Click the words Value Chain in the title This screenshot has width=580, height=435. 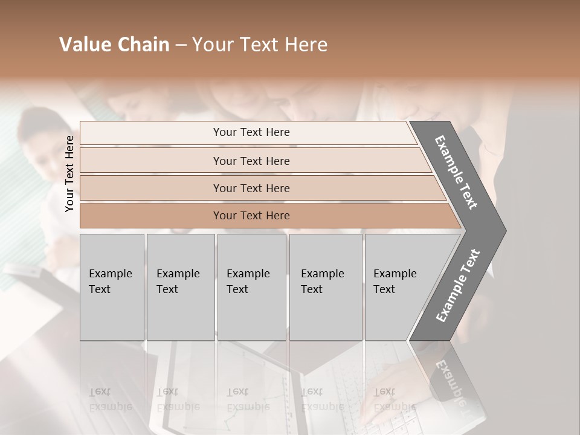[114, 45]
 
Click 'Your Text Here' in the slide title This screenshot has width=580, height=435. [260, 45]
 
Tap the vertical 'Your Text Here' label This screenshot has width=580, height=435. [69, 173]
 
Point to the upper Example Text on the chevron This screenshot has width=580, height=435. [456, 172]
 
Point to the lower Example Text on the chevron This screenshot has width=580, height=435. [458, 285]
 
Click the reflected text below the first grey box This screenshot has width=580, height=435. [110, 400]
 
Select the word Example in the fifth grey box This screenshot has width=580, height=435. [395, 274]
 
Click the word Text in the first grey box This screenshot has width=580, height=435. [100, 289]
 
